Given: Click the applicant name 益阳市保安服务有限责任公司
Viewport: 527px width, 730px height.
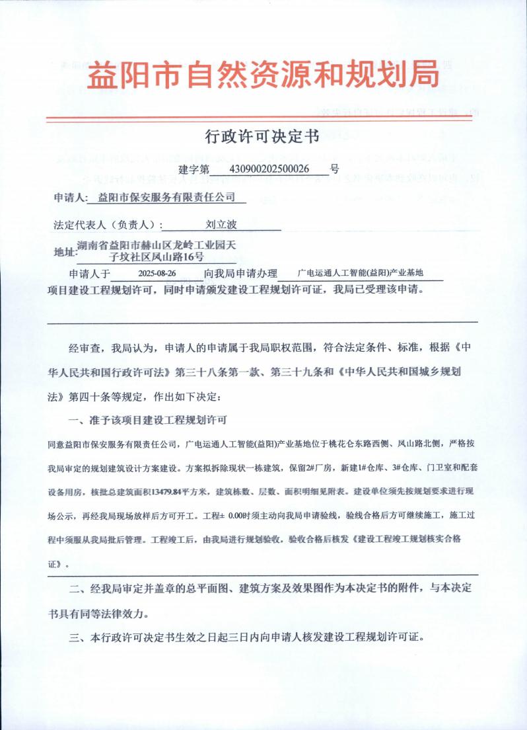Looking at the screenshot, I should (166, 197).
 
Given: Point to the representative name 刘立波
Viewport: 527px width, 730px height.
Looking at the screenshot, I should (217, 225).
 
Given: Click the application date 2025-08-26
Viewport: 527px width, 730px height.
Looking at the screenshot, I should (157, 273).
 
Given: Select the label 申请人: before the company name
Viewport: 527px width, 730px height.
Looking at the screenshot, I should (70, 198).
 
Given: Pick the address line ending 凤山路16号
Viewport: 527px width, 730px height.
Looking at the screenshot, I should (157, 257).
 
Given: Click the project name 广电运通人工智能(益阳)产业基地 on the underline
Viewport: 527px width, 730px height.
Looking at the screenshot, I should (360, 272).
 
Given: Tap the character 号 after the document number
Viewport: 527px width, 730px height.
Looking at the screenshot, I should (335, 169).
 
